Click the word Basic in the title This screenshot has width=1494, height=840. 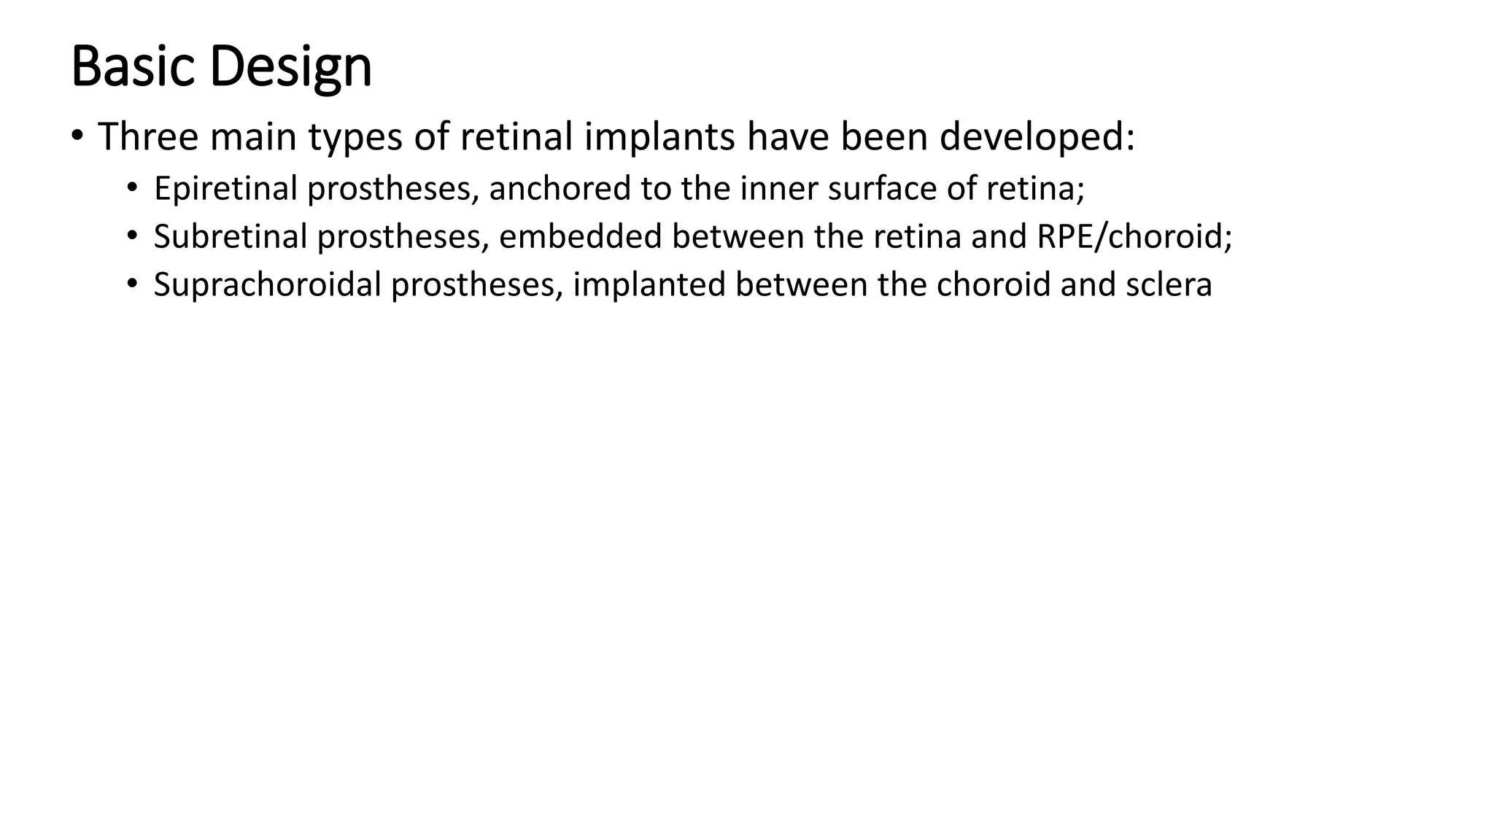132,66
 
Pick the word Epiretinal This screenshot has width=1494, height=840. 225,189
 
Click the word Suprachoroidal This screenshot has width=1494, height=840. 268,284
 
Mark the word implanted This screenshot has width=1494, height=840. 649,284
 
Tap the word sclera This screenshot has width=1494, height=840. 1169,284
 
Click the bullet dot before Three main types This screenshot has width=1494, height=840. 77,136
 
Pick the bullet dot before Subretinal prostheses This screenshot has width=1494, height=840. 131,236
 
